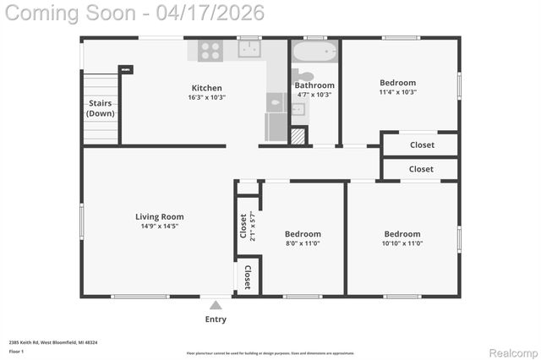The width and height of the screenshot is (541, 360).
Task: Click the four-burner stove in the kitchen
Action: tap(210, 51)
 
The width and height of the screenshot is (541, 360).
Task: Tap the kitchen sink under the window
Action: tap(249, 50)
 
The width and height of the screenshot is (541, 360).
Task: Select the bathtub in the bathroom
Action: tap(314, 52)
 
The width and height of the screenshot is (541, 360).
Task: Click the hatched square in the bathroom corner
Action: tap(298, 135)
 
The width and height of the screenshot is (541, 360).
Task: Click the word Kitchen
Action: tap(207, 88)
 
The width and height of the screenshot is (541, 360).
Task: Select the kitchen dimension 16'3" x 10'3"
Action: tap(207, 97)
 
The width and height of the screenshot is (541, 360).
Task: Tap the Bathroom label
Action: tap(314, 85)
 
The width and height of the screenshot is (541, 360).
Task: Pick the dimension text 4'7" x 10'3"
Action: tap(314, 95)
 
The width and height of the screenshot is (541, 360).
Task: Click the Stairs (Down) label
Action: tap(101, 108)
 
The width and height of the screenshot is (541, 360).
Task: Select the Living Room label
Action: tap(160, 216)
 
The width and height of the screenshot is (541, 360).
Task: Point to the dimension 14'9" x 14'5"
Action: tap(160, 226)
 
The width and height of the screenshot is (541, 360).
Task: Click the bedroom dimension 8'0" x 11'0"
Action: tap(303, 243)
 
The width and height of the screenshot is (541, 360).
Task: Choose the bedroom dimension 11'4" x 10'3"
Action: tap(397, 92)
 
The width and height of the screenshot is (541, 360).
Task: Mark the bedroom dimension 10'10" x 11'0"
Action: tap(402, 243)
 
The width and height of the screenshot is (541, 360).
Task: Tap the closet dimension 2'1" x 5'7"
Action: tap(251, 226)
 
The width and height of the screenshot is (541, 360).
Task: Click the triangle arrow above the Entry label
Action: tap(216, 305)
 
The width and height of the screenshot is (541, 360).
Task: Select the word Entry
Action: tap(216, 319)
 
